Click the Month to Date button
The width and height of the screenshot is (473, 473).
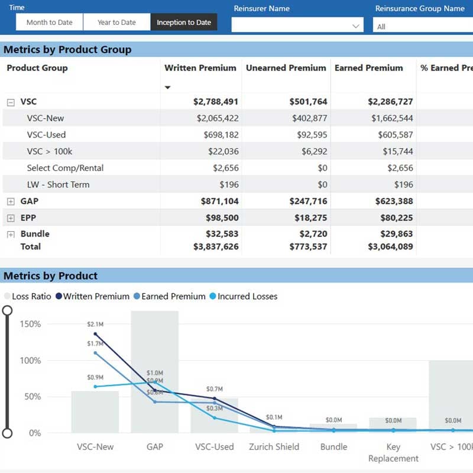[x=49, y=22]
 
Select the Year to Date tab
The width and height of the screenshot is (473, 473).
[x=116, y=22]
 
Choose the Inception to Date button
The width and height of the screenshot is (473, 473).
[x=184, y=22]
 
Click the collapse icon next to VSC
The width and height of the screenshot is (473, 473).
[x=11, y=102]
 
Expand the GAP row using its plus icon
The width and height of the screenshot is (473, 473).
[x=11, y=202]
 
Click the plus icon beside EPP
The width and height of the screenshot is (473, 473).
[x=11, y=218]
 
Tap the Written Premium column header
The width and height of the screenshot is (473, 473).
[x=200, y=68]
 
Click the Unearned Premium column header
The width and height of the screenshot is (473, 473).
[x=286, y=68]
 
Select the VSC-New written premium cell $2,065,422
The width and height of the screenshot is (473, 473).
[x=217, y=118]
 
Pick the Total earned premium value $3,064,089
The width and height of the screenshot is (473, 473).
[x=390, y=247]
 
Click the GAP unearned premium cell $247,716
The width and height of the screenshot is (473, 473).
[x=308, y=202]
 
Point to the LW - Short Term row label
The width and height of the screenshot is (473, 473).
[x=58, y=184]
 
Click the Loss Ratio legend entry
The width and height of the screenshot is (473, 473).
[x=28, y=296]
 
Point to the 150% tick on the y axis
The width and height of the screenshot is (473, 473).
[x=30, y=324]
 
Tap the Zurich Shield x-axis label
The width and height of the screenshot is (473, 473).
[x=274, y=447]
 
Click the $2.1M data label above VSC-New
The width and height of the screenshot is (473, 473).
[x=95, y=324]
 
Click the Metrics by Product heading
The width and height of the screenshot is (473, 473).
[x=51, y=276]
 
